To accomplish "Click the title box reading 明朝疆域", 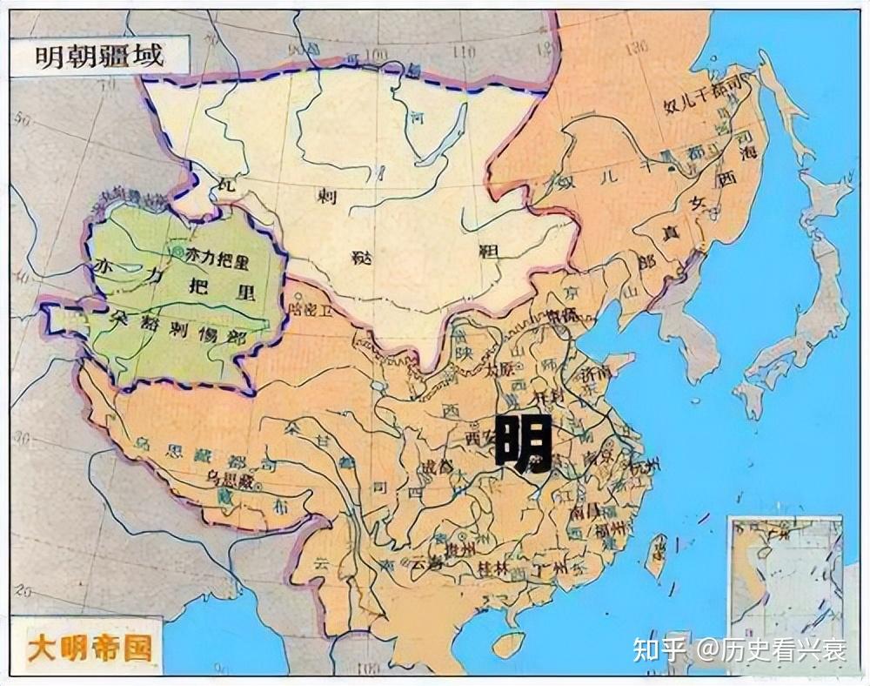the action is [99, 57].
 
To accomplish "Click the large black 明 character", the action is [523, 443].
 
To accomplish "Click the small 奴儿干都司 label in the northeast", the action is [703, 104].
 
